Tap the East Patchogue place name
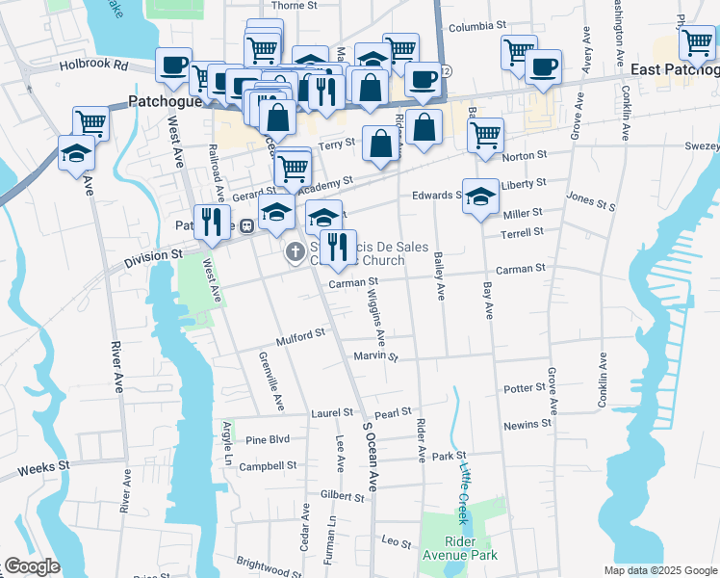(x=675, y=70)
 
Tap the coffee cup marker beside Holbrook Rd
(x=174, y=66)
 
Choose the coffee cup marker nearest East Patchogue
(x=543, y=67)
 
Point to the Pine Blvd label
(x=268, y=439)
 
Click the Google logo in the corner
(x=31, y=565)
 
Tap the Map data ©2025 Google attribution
(x=660, y=570)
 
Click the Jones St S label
(x=590, y=200)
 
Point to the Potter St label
(x=525, y=388)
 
